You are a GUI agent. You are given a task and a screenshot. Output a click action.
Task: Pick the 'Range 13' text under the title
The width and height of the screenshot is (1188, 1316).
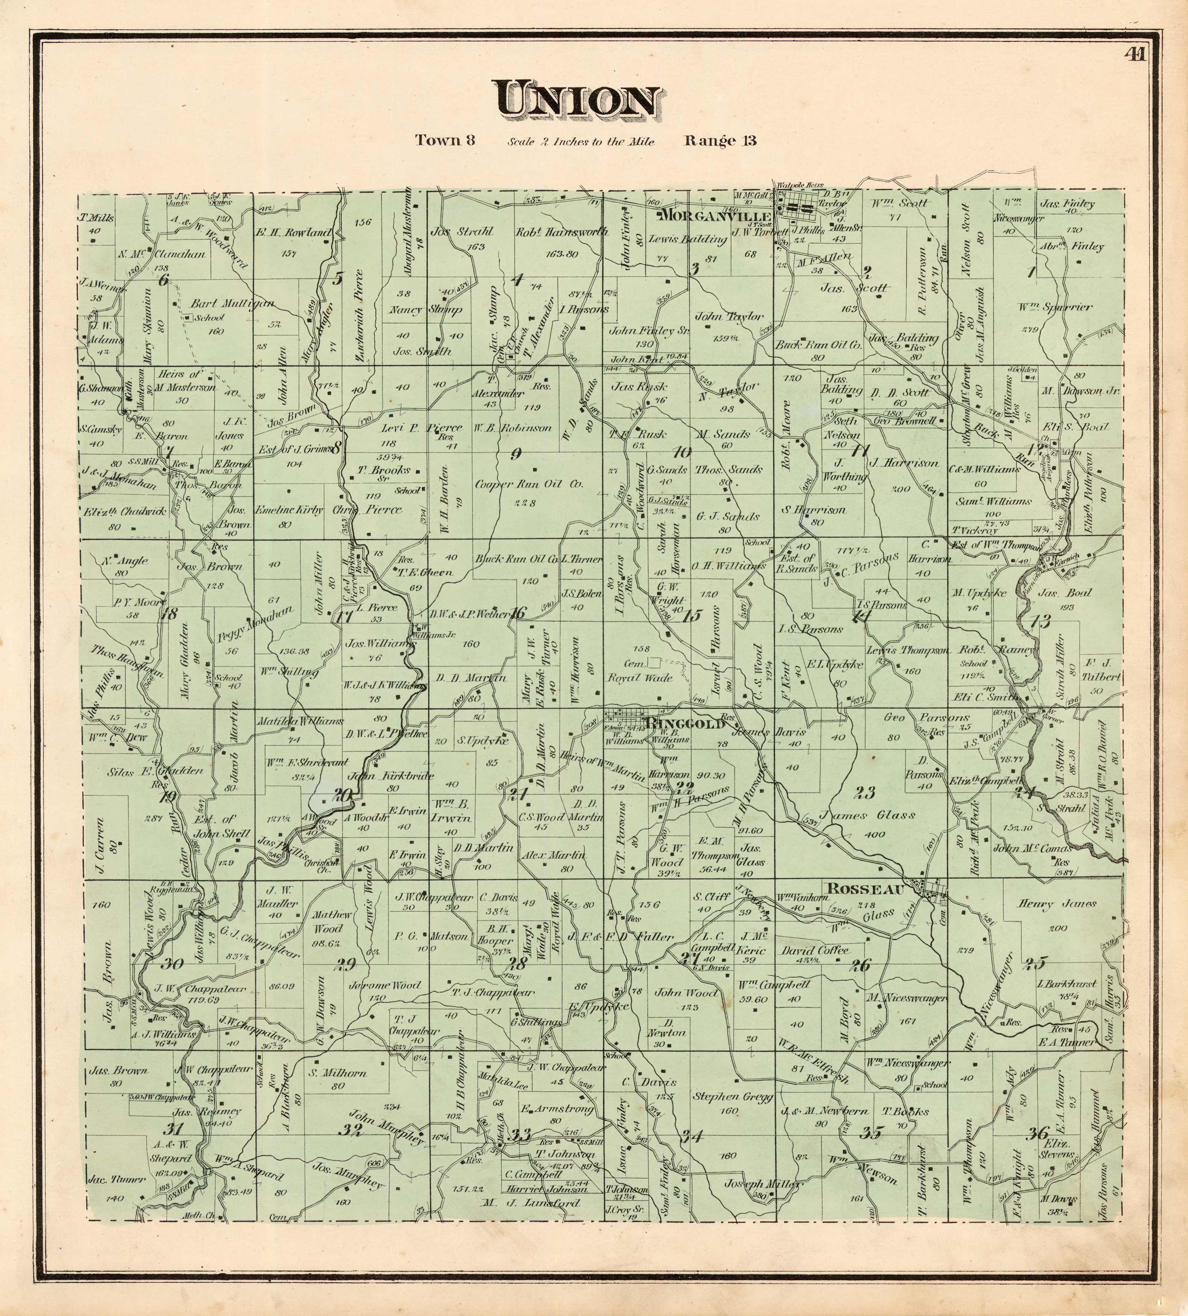tap(720, 140)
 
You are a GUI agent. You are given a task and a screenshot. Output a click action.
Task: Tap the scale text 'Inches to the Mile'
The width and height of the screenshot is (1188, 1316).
tap(580, 141)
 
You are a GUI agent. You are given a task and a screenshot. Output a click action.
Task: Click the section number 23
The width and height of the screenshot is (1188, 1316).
tap(865, 793)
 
